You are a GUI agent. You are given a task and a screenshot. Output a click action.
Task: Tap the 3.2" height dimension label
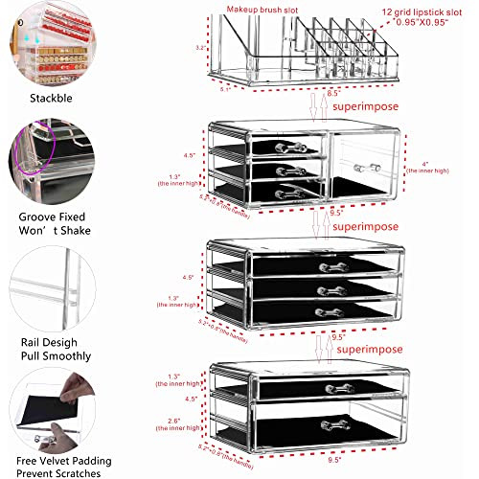click(x=197, y=46)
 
